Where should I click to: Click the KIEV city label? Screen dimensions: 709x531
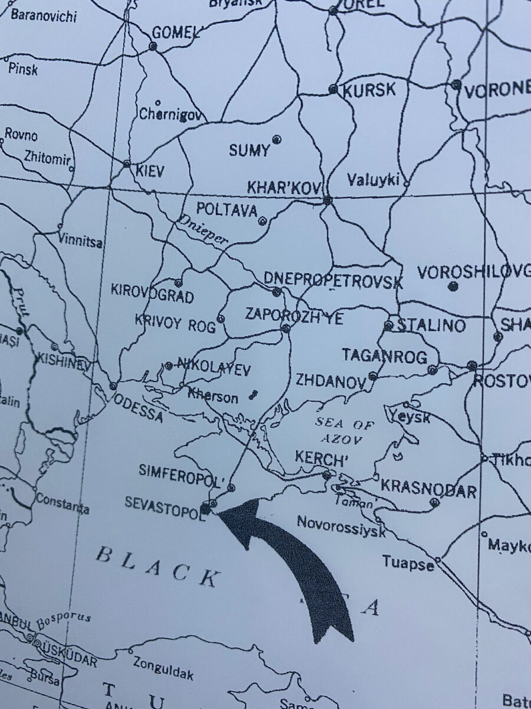pyautogui.click(x=150, y=171)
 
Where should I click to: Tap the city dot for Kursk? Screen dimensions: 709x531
pyautogui.click(x=333, y=89)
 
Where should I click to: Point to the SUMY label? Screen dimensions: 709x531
pyautogui.click(x=249, y=151)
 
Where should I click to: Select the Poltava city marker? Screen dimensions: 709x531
pyautogui.click(x=263, y=222)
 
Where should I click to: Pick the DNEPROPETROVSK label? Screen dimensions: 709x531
pyautogui.click(x=333, y=280)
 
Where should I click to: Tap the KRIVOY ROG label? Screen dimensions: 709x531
pyautogui.click(x=175, y=324)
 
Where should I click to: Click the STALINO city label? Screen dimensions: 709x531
pyautogui.click(x=431, y=325)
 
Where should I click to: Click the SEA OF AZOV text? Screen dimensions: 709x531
pyautogui.click(x=345, y=431)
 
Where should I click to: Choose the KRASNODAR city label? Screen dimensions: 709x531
pyautogui.click(x=428, y=488)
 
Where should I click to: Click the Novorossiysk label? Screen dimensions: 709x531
pyautogui.click(x=341, y=526)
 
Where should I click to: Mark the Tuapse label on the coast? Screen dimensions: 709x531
pyautogui.click(x=408, y=562)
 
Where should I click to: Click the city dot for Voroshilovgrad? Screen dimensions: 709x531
pyautogui.click(x=453, y=287)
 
